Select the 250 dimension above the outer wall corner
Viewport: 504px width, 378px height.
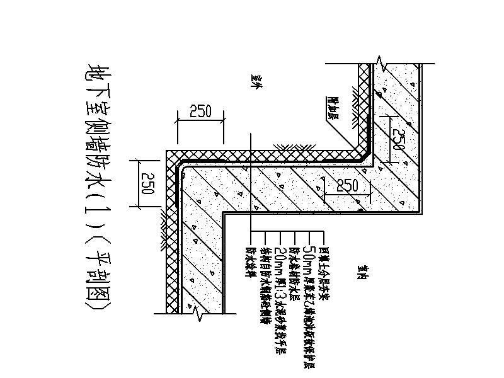200,112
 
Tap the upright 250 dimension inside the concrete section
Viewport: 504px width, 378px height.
347,185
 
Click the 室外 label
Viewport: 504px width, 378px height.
255,83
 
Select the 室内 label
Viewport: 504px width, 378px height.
362,272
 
